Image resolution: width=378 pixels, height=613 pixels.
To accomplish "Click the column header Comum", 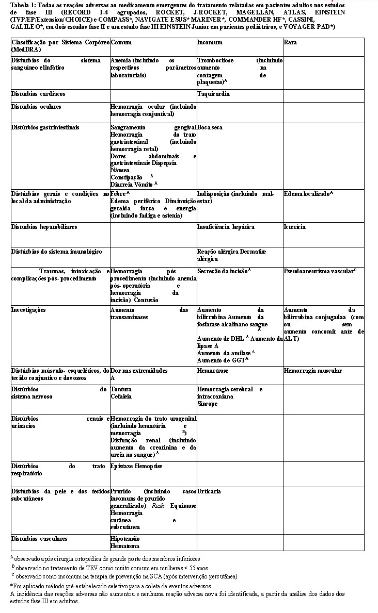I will click(120, 42).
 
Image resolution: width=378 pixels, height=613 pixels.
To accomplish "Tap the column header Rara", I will click(290, 42).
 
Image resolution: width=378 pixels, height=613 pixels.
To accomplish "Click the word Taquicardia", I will click(213, 94).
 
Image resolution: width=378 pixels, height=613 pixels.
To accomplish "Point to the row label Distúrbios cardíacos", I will click(38, 94).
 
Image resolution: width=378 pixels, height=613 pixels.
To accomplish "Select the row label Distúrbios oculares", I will click(36, 107).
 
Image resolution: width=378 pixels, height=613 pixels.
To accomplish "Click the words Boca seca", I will click(210, 127).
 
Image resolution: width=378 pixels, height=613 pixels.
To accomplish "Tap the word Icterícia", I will click(294, 227).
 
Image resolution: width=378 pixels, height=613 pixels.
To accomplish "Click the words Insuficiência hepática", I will click(226, 227).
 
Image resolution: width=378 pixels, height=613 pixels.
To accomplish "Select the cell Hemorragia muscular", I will click(313, 371).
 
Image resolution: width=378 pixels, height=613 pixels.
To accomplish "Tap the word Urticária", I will click(209, 491).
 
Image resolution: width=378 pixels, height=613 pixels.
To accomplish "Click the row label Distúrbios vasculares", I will click(39, 539).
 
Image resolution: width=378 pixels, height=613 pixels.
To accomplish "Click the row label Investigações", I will click(28, 310).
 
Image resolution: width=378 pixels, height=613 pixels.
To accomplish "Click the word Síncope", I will click(208, 404).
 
